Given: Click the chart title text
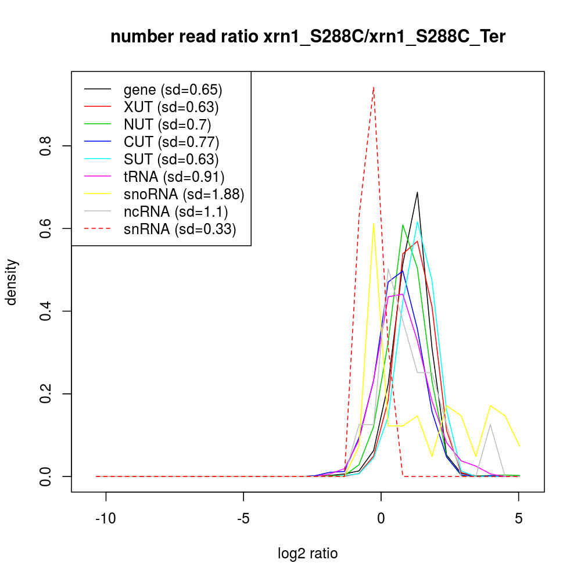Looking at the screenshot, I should pos(308,37).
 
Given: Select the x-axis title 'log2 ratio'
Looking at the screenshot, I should pos(308,553).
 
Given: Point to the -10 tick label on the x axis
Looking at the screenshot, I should pos(105,519).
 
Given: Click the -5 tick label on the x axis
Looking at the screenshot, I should pos(243,519).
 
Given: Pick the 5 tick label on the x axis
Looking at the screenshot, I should pos(518,519).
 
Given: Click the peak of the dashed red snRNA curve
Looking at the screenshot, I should pos(373,87).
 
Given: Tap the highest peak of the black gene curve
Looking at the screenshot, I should pos(417,192).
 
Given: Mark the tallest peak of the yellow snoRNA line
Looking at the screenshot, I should pos(373,223).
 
